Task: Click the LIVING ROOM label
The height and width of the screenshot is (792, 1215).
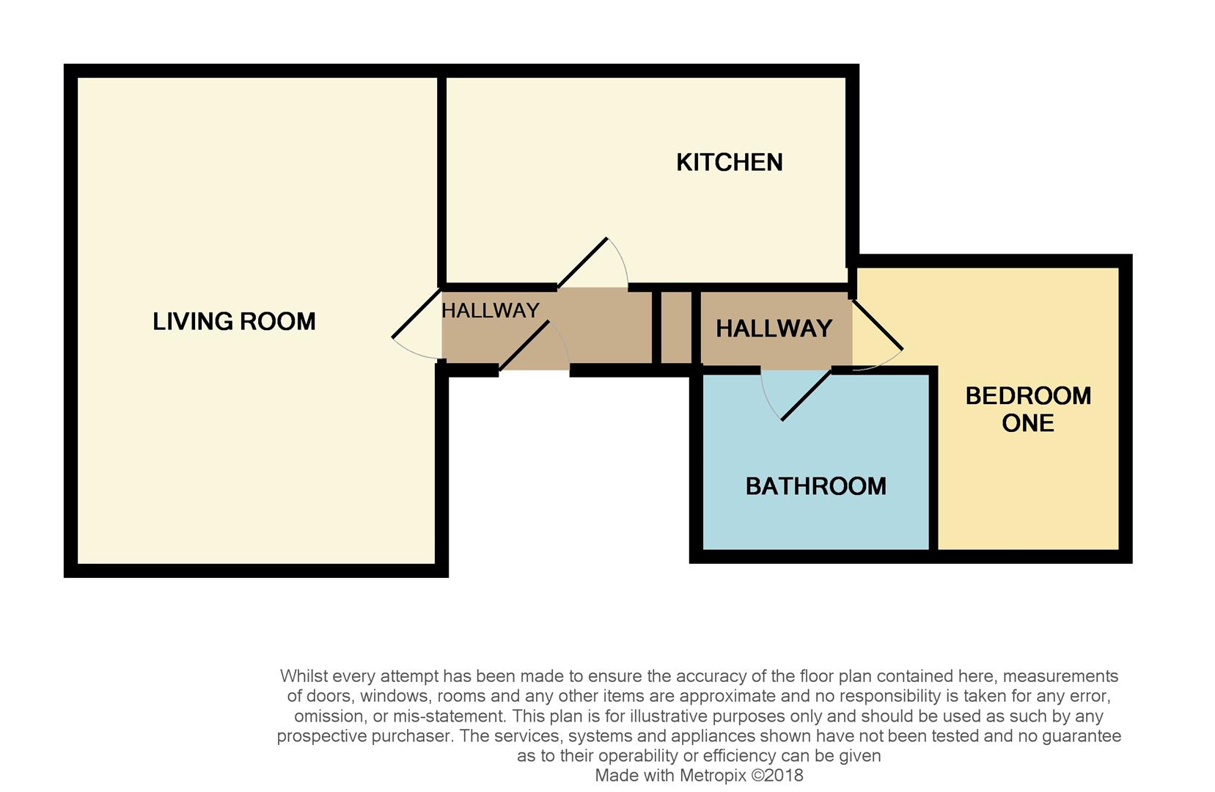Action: pyautogui.click(x=234, y=321)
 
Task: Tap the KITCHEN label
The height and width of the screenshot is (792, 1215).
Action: pyautogui.click(x=729, y=162)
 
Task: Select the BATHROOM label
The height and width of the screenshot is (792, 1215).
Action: pyautogui.click(x=815, y=486)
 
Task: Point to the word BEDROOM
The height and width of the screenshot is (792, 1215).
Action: pyautogui.click(x=1028, y=396)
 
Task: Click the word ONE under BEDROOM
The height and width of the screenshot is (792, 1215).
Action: pyautogui.click(x=1027, y=423)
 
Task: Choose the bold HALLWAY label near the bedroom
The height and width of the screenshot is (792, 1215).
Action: pyautogui.click(x=774, y=329)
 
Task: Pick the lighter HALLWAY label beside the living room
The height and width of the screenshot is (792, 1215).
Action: pyautogui.click(x=490, y=311)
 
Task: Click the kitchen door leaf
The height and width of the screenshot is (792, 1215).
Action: pyautogui.click(x=582, y=263)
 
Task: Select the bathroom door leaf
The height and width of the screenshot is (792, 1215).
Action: pyautogui.click(x=807, y=395)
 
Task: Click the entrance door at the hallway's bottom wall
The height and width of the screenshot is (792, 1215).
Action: pyautogui.click(x=524, y=347)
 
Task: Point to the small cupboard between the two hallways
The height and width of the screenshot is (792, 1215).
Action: pyautogui.click(x=676, y=328)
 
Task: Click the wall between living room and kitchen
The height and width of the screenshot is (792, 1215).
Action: pyautogui.click(x=441, y=180)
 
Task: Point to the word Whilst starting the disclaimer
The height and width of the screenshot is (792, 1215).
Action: pyautogui.click(x=304, y=676)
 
